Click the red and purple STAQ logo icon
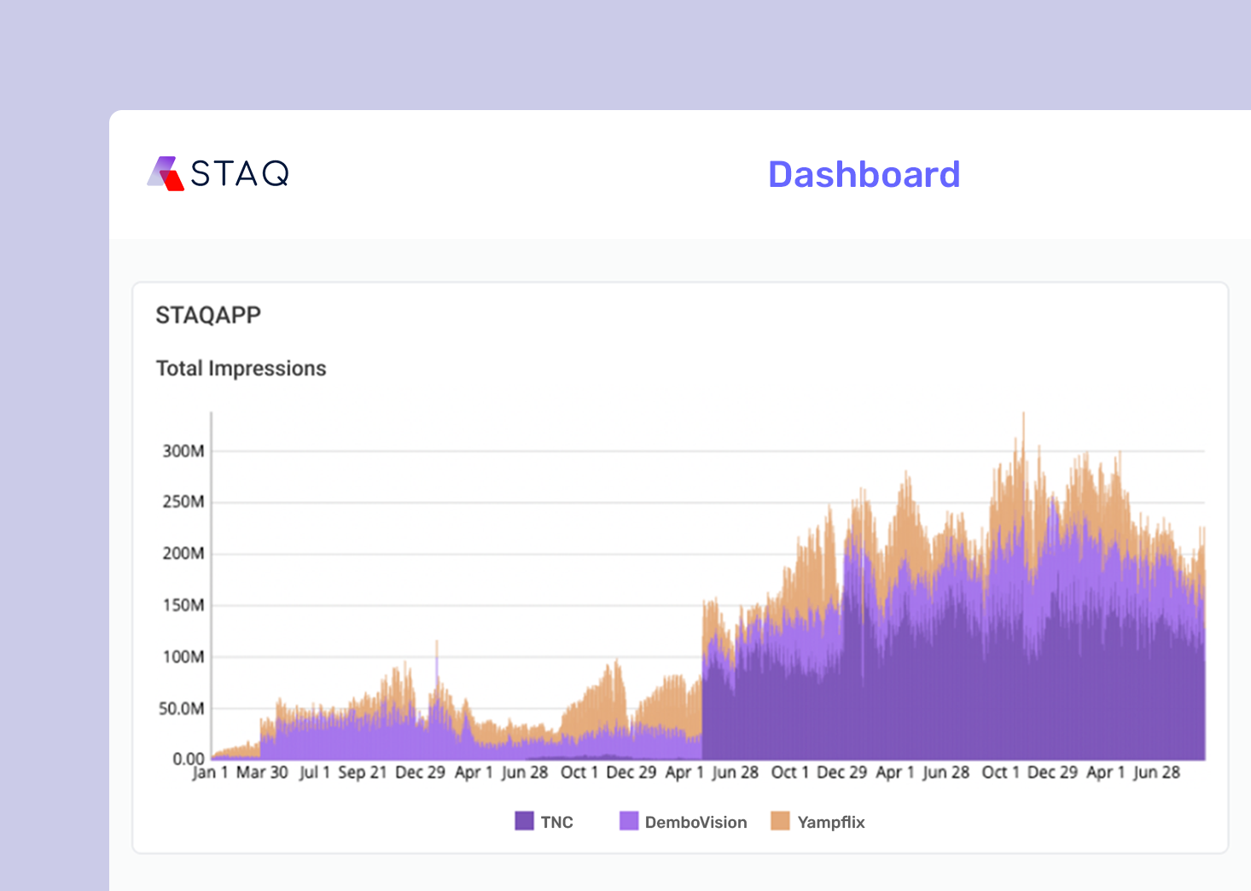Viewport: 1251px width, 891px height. [x=166, y=173]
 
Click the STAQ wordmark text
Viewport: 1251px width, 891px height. [x=240, y=174]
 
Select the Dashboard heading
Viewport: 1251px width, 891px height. [x=864, y=175]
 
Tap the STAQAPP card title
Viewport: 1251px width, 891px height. [x=208, y=316]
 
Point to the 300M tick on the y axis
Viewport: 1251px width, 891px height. [x=183, y=451]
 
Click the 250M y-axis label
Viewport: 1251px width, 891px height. [x=183, y=502]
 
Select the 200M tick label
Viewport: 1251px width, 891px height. [x=183, y=554]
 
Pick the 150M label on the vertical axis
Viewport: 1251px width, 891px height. [x=183, y=606]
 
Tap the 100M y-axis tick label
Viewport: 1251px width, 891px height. [x=183, y=657]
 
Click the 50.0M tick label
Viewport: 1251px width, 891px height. [x=182, y=709]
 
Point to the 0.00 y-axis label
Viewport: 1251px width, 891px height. [x=189, y=759]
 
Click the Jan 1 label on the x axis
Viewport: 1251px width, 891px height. [x=210, y=773]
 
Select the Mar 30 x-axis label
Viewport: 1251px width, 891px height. [x=262, y=773]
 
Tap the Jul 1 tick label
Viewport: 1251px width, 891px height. [x=314, y=773]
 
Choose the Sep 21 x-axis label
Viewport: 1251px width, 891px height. [x=363, y=773]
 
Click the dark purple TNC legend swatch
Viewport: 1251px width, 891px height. [x=524, y=821]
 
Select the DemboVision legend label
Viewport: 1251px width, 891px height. [x=695, y=823]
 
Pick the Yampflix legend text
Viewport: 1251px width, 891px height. [x=830, y=823]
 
